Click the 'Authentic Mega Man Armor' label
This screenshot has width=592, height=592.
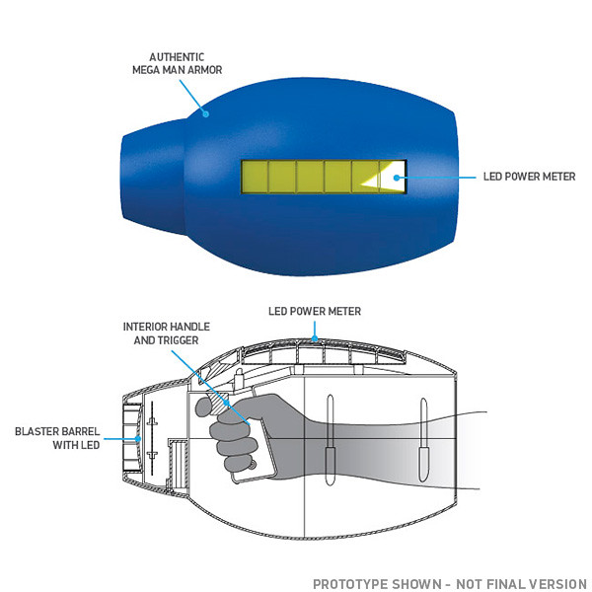177,63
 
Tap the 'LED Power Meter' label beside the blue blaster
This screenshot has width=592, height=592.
529,177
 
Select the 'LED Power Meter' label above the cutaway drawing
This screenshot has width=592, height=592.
315,311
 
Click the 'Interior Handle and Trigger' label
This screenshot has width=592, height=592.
166,333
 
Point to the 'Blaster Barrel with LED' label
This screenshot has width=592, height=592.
57,438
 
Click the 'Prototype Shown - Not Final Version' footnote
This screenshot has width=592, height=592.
450,584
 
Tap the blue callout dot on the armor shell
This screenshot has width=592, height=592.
206,113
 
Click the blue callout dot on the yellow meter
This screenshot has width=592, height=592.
396,178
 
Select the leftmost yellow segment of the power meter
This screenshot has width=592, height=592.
255,177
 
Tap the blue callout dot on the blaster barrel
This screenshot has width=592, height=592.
138,439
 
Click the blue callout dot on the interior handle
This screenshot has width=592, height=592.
227,403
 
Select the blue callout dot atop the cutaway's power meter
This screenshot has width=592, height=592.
315,338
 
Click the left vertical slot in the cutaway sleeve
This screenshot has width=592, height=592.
330,440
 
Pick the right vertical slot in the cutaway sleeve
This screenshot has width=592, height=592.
423,440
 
